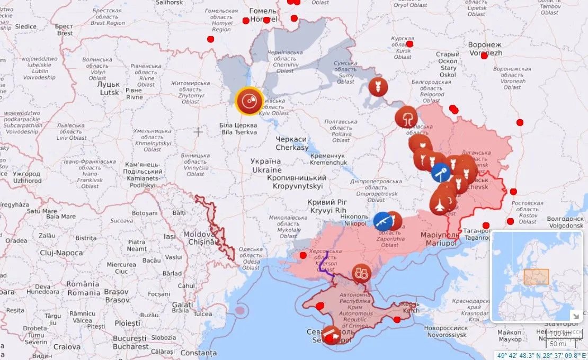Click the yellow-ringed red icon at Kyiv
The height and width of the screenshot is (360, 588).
pyautogui.click(x=250, y=101)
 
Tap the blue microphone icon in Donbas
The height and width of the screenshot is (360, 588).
pyautogui.click(x=440, y=173)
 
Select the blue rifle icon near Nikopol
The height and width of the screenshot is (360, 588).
pyautogui.click(x=382, y=221)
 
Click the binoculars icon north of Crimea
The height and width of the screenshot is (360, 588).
pyautogui.click(x=361, y=273)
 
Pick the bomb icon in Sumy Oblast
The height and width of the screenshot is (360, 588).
pyautogui.click(x=378, y=87)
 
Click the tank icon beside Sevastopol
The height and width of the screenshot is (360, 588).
pyautogui.click(x=332, y=336)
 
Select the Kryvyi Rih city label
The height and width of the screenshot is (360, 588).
pyautogui.click(x=327, y=206)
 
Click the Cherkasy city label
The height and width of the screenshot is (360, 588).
pyautogui.click(x=292, y=143)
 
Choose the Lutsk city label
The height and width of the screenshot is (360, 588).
pyautogui.click(x=109, y=88)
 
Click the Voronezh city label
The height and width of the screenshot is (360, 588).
pyautogui.click(x=485, y=49)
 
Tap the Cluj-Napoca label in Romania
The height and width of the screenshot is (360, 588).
pyautogui.click(x=61, y=253)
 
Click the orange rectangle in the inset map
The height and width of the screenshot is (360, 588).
pyautogui.click(x=536, y=276)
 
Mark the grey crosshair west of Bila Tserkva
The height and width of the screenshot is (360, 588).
pyautogui.click(x=199, y=131)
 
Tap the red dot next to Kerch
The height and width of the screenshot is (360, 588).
pyautogui.click(x=397, y=319)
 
